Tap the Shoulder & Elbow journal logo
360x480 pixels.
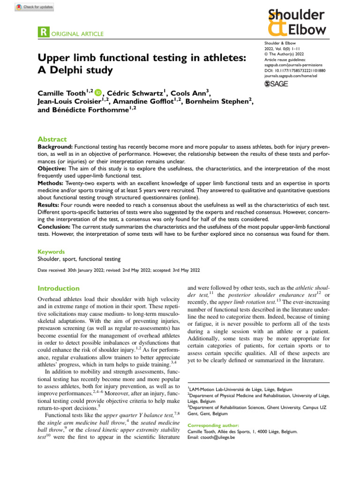tap(296, 23)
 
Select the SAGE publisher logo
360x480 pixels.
tap(276, 83)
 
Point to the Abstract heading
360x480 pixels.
tap(52, 139)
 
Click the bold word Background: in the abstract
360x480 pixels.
tap(55, 147)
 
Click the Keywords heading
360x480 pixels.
tap(51, 252)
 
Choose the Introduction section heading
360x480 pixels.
tap(59, 289)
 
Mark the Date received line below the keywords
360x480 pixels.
tap(119, 270)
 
